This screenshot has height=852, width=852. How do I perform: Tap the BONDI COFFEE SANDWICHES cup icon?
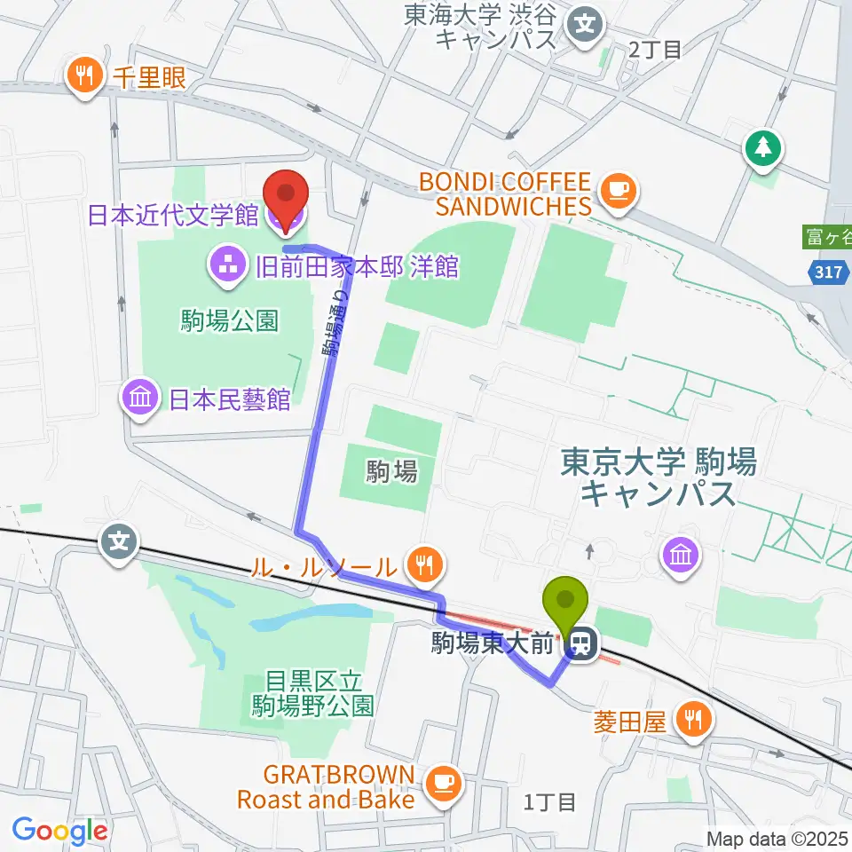pyautogui.click(x=618, y=190)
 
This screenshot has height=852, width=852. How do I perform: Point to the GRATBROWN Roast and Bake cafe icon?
pyautogui.click(x=442, y=781)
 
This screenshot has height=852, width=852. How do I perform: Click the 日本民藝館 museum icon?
pyautogui.click(x=141, y=398)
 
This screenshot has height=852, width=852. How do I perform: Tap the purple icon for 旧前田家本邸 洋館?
pyautogui.click(x=225, y=264)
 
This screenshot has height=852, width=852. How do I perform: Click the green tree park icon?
pyautogui.click(x=762, y=147)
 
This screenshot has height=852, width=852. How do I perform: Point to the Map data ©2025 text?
pyautogui.click(x=776, y=837)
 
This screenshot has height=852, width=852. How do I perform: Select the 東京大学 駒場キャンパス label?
pyautogui.click(x=658, y=477)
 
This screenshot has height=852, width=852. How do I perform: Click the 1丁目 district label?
pyautogui.click(x=550, y=802)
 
